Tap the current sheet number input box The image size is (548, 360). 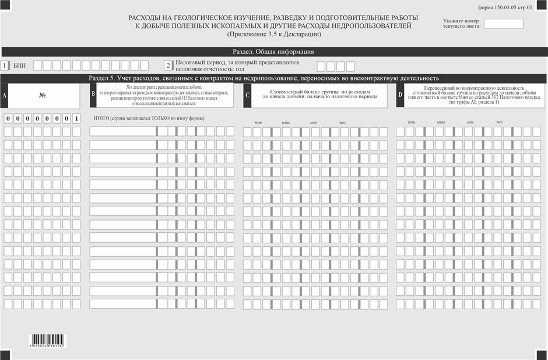click(x=503, y=24)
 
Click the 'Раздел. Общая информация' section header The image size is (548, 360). click(x=273, y=51)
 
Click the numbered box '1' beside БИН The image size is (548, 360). click(x=5, y=66)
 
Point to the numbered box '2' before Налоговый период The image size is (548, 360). click(x=168, y=66)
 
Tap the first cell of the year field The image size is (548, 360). click(x=321, y=67)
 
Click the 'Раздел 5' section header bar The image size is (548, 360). click(x=273, y=78)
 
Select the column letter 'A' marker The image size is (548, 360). click(x=5, y=95)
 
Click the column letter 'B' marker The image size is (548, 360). click(x=93, y=95)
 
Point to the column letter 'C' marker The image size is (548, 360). click(x=247, y=95)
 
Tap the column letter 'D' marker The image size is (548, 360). click(x=400, y=95)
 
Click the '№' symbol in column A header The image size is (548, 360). click(x=43, y=94)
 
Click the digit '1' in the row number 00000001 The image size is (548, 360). click(x=76, y=118)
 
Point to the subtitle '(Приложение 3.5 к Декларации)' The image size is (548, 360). click(x=274, y=34)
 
